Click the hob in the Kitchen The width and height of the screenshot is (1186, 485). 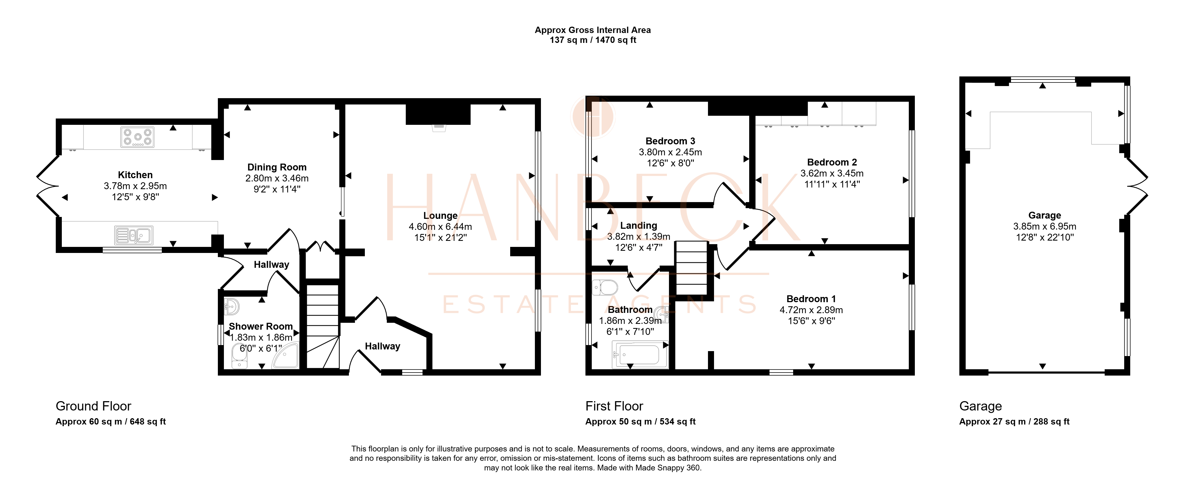pyautogui.click(x=137, y=137)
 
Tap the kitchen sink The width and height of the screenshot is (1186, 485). pyautogui.click(x=134, y=235)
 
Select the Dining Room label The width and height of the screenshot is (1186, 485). pyautogui.click(x=277, y=167)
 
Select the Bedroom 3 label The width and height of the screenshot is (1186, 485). pyautogui.click(x=670, y=141)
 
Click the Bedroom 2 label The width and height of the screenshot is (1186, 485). pyautogui.click(x=832, y=162)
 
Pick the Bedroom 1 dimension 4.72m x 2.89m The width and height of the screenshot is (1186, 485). pyautogui.click(x=811, y=310)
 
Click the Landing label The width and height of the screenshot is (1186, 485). pyautogui.click(x=638, y=225)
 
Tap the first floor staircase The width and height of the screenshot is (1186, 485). pyautogui.click(x=691, y=268)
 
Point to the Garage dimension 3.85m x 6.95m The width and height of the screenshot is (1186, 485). pyautogui.click(x=1045, y=226)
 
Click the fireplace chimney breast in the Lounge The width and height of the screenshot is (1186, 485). pyautogui.click(x=438, y=114)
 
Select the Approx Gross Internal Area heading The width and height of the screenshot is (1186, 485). pyautogui.click(x=593, y=30)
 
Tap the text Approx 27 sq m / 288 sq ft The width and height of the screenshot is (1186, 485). pyautogui.click(x=1014, y=421)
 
